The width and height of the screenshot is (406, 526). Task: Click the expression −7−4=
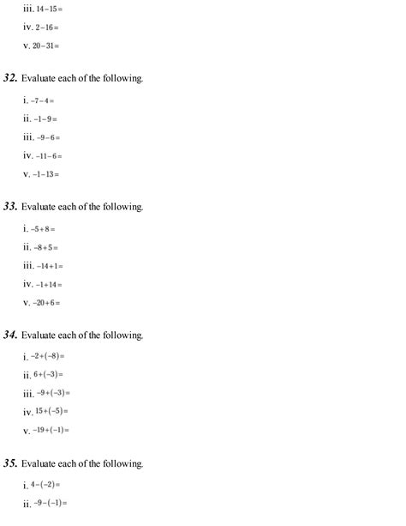click(44, 101)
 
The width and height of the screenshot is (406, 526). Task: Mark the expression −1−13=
click(47, 174)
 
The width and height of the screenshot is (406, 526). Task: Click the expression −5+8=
click(44, 229)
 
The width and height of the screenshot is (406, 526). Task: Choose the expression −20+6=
click(47, 302)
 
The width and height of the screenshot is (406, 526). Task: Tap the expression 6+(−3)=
click(49, 374)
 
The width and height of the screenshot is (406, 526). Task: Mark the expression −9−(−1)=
click(51, 503)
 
